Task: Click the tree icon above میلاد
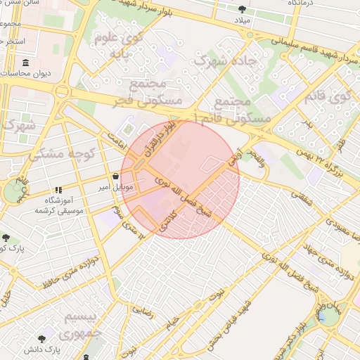[243, 9]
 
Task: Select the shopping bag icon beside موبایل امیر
[115, 176]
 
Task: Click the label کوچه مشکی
[56, 153]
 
